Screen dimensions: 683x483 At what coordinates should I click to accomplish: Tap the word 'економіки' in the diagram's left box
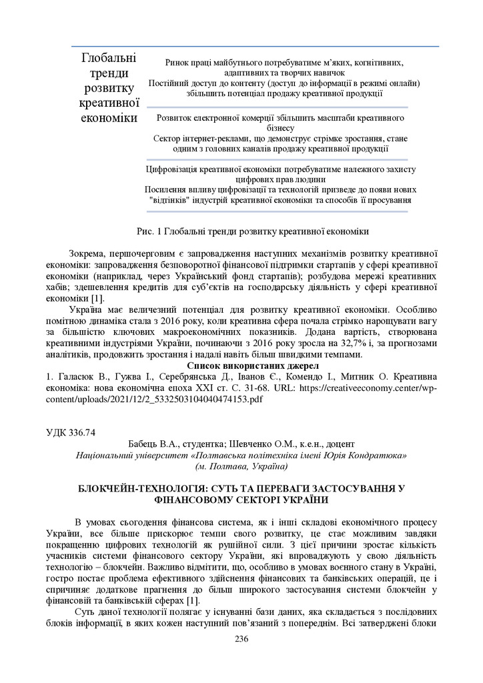[x=108, y=119]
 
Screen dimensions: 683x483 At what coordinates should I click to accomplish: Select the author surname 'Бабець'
[x=143, y=444]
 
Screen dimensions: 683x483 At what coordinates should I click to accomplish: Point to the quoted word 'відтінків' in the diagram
[x=169, y=199]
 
